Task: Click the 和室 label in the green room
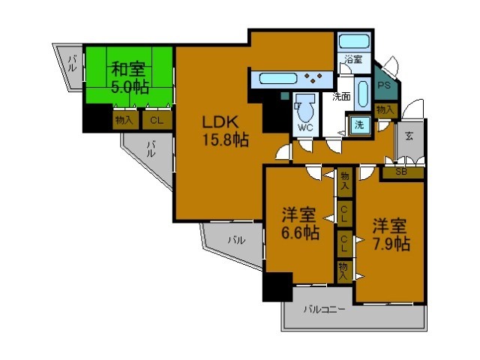coord(128,70)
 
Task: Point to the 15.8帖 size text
coord(223,140)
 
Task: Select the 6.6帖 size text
coord(300,232)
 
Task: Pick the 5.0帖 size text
coord(129,87)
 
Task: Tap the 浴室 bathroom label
coord(352,59)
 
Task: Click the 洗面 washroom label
coord(342,96)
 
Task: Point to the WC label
coord(304,127)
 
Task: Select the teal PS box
coord(385,85)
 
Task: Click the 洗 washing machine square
coord(359,124)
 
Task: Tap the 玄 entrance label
coord(410,136)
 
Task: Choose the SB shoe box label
coord(401,172)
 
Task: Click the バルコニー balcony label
coord(324,308)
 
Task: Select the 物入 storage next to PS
coord(385,110)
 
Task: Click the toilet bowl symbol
coord(305,106)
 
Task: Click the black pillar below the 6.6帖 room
coord(277,286)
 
